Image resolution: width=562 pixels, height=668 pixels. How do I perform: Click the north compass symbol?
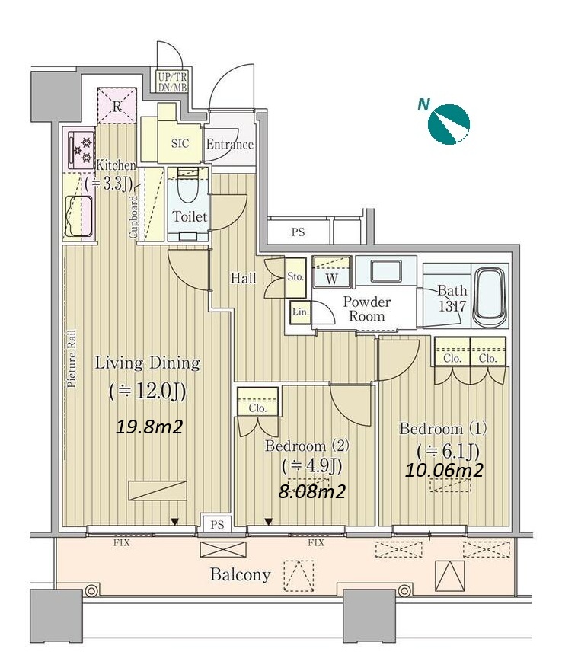(449, 124)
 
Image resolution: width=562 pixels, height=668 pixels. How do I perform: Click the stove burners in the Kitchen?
(81, 149)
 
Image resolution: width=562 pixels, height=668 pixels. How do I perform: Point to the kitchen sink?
(78, 216)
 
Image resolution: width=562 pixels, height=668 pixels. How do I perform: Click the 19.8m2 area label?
(149, 426)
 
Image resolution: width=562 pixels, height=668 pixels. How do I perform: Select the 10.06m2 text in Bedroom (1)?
(443, 470)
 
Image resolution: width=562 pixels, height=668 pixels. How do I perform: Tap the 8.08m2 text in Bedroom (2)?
(311, 491)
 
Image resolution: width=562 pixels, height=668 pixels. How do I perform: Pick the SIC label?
(180, 143)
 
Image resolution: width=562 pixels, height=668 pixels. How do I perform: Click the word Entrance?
(230, 145)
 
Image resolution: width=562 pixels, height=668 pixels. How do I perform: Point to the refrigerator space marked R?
(117, 106)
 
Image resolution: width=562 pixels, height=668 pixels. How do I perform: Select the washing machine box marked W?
(331, 272)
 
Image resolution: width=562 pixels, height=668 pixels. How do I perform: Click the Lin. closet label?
(300, 312)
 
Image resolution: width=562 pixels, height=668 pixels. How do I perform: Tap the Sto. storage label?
(295, 277)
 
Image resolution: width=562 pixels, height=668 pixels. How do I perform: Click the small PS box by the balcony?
(217, 524)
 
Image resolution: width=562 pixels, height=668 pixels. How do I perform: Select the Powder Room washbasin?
(385, 271)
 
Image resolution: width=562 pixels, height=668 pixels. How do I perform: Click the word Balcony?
(241, 575)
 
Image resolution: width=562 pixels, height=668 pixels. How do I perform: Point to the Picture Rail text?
(71, 359)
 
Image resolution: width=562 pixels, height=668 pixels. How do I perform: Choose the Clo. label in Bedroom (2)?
(258, 408)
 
